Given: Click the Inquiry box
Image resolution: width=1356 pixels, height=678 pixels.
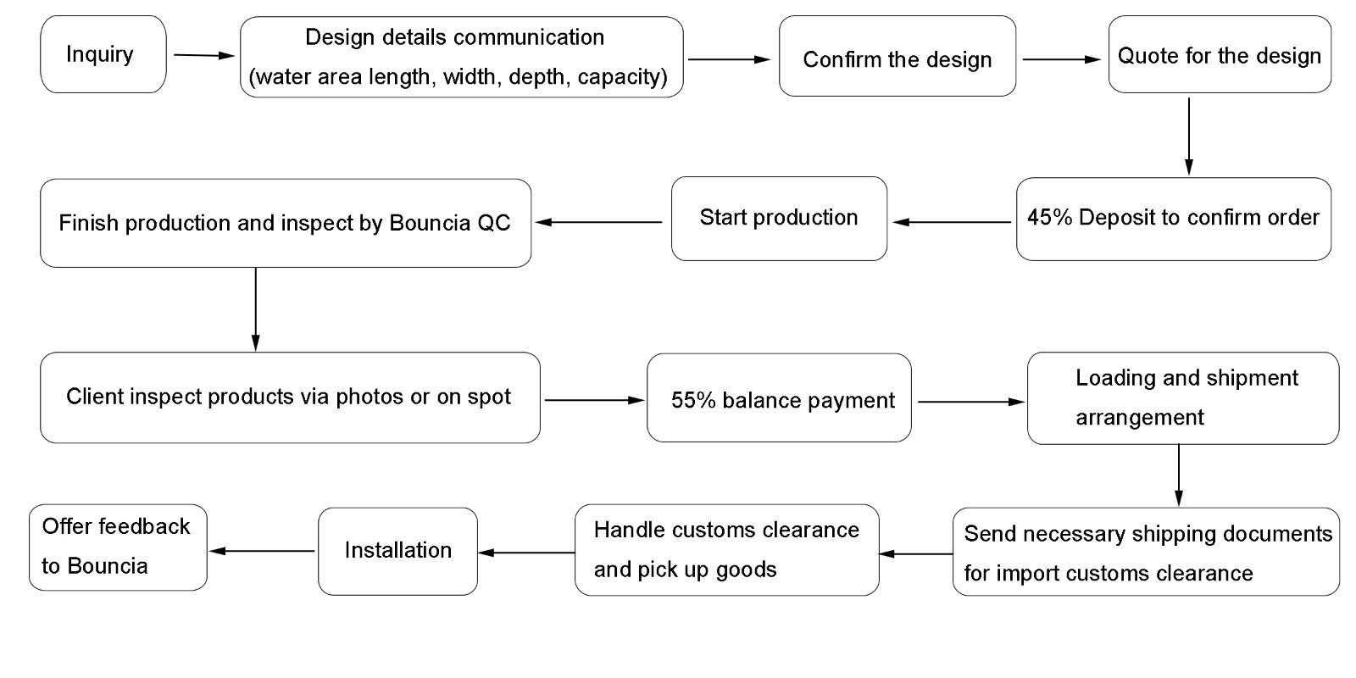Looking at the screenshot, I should click(x=103, y=54).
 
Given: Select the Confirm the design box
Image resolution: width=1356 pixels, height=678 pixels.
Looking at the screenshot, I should click(x=897, y=57).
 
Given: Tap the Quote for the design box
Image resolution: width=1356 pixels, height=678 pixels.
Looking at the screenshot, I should click(x=1219, y=54).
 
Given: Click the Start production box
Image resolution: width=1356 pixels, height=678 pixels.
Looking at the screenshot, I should click(x=778, y=218).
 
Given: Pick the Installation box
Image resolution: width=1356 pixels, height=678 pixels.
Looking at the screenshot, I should click(x=397, y=551).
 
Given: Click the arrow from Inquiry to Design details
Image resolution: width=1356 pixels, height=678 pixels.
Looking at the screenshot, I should click(x=203, y=55).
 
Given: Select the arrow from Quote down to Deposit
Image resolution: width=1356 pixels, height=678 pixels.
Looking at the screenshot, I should click(x=1188, y=136).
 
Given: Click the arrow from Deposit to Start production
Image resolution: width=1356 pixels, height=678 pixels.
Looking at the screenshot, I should click(x=951, y=222).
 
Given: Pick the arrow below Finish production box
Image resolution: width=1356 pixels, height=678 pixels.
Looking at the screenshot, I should click(x=255, y=308).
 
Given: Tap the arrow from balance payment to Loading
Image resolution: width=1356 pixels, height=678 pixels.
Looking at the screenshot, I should click(x=970, y=402).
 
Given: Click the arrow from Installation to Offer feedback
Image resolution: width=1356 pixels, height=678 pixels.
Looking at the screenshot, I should click(x=262, y=551).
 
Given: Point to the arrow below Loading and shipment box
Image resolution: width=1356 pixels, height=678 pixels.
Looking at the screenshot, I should click(x=1178, y=475).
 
